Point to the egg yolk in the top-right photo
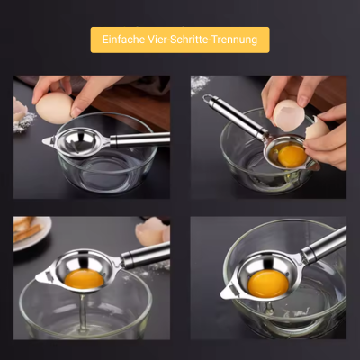click(292, 157)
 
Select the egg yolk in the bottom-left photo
click(84, 279)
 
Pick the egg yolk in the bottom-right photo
click(268, 283)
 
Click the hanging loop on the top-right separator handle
click(210, 99)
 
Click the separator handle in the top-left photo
click(139, 139)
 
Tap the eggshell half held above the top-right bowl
click(289, 115)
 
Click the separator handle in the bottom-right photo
click(324, 245)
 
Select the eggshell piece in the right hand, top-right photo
click(317, 129)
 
